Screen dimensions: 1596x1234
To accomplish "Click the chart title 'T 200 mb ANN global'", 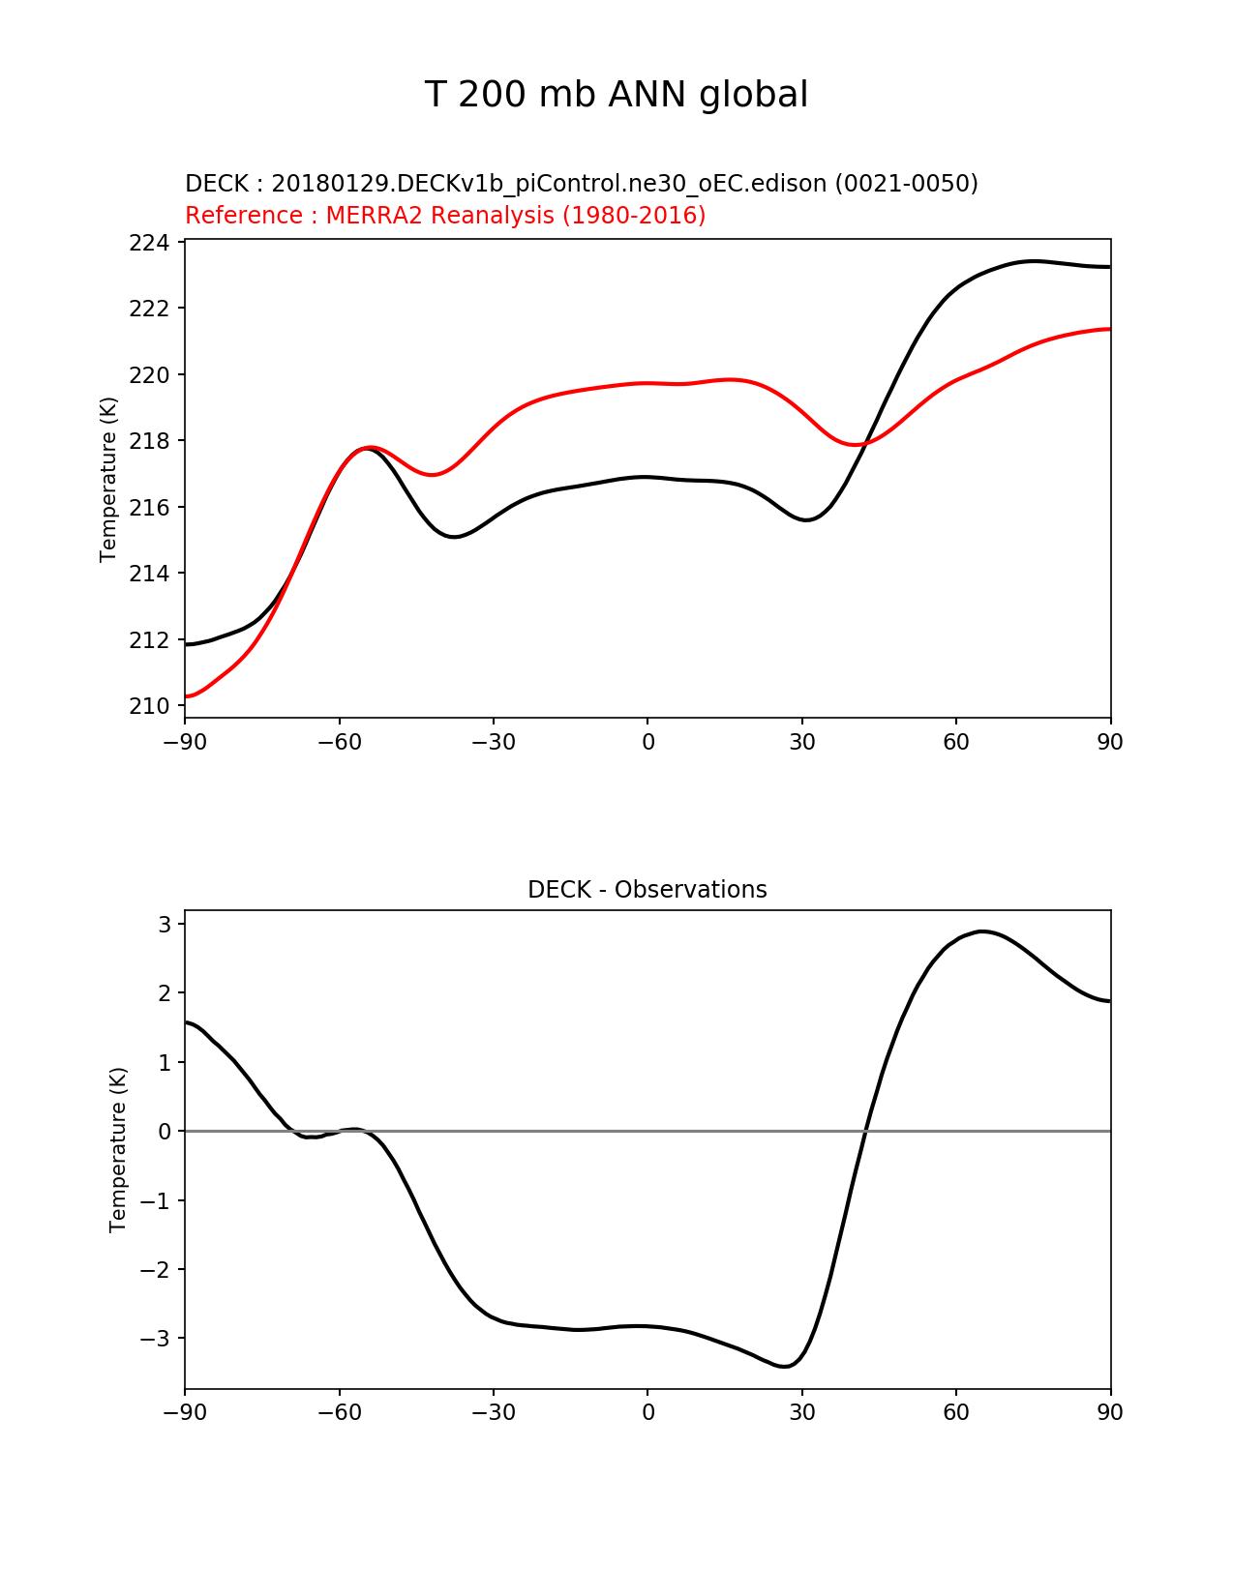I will [616, 95].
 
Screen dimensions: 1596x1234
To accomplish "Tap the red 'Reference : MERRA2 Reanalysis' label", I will [445, 215].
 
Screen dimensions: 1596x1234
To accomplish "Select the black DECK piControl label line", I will [581, 183].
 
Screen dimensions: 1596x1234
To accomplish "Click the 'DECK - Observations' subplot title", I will [647, 889].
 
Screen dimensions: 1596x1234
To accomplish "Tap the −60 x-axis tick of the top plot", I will [339, 742].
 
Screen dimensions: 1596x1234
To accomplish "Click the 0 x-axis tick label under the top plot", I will [647, 742].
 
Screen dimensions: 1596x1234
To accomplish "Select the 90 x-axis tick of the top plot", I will [1110, 742].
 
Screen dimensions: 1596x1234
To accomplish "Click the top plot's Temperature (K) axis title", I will [108, 479].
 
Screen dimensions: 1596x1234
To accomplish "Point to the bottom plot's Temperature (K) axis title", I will [118, 1149].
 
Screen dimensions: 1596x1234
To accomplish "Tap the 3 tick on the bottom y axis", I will [165, 925].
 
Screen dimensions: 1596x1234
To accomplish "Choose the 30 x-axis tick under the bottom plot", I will [801, 1412].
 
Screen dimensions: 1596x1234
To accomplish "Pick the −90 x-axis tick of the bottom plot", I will [185, 1412].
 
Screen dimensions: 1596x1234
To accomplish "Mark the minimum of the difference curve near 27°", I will [785, 1366].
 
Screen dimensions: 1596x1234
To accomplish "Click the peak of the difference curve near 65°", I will [983, 931].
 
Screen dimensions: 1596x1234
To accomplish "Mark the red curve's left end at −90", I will [186, 696].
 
